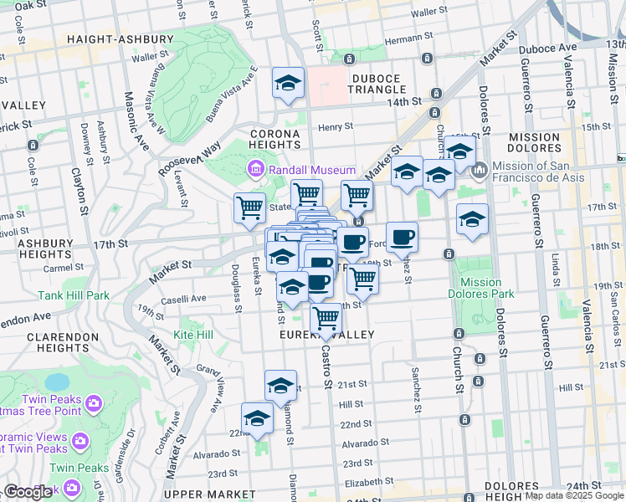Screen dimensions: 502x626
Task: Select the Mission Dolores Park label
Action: (481, 289)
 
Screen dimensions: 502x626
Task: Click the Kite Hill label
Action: (193, 335)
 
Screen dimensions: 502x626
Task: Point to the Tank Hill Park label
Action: (74, 295)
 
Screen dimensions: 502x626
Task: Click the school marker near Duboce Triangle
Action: (288, 84)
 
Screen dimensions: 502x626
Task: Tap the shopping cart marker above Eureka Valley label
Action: (326, 318)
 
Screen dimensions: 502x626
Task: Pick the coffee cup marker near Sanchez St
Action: (402, 237)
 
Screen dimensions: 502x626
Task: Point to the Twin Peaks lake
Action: (56, 382)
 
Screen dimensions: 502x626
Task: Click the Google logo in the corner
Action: (29, 492)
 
